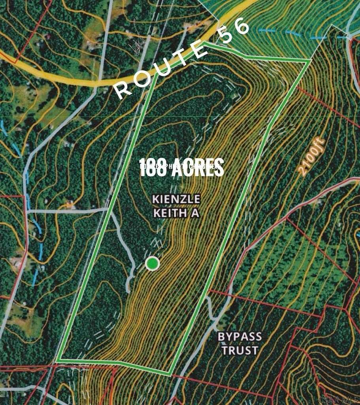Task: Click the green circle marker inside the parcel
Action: click(152, 263)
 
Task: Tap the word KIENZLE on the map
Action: click(176, 199)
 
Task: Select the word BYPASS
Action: click(240, 337)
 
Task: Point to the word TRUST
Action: click(240, 350)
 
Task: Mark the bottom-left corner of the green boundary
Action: click(58, 360)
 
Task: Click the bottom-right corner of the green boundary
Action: click(170, 374)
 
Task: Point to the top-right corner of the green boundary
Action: click(309, 61)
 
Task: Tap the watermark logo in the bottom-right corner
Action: click(338, 399)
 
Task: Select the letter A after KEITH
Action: click(194, 213)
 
